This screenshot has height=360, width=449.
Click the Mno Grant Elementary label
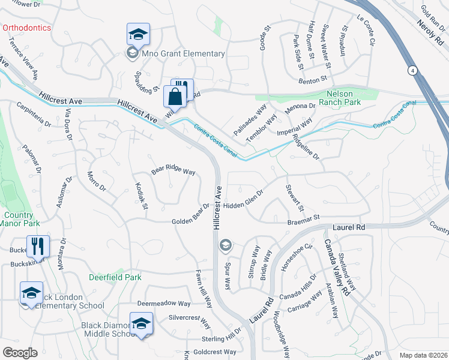point(183,53)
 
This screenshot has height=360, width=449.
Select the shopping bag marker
point(175,96)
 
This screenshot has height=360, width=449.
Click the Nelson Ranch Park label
point(351,97)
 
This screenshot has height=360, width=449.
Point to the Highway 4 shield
point(413,70)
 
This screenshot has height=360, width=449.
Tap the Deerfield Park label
point(115,277)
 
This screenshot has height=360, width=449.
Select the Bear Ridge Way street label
point(173,171)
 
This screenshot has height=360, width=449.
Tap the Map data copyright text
point(423,355)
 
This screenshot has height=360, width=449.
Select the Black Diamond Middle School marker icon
point(140,323)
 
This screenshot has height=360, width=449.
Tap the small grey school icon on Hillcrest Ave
point(226,244)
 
